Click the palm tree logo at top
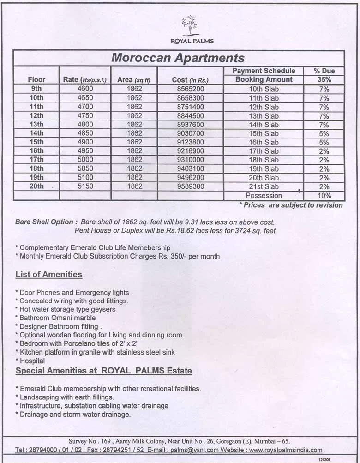[x=189, y=25]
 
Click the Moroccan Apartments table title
[x=178, y=58]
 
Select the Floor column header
[x=36, y=79]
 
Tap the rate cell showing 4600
[x=85, y=89]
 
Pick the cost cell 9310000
[x=190, y=160]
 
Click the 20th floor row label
[x=36, y=186]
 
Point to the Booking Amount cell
[x=264, y=79]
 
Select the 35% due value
[x=324, y=79]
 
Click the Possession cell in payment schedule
[x=264, y=195]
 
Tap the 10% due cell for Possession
[x=324, y=195]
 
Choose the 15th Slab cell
[x=264, y=133]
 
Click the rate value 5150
[x=85, y=186]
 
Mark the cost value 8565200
[x=190, y=89]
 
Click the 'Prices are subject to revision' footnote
[x=291, y=205]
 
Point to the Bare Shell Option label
[x=44, y=222]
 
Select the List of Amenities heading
[x=49, y=275]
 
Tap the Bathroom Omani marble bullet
[x=57, y=318]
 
